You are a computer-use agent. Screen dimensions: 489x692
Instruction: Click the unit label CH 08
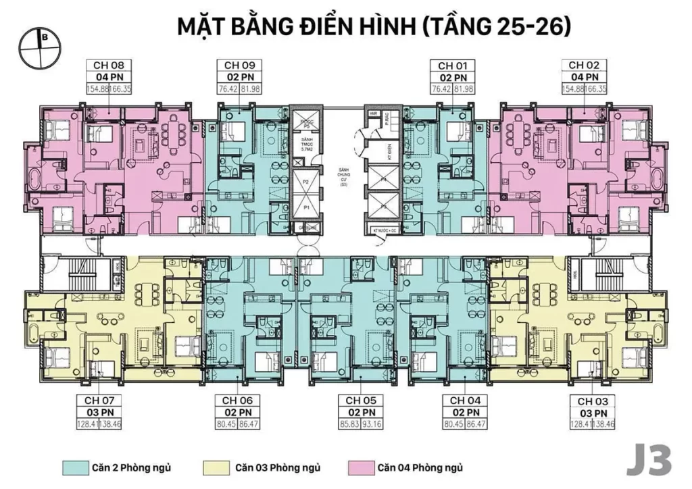point(103,66)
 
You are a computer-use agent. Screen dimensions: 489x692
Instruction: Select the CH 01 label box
point(454,66)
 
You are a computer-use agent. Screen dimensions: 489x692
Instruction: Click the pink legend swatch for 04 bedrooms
point(358,467)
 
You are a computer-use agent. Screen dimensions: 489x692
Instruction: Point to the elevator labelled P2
point(306,183)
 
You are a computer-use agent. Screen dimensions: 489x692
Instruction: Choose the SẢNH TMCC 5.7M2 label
point(306,143)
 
